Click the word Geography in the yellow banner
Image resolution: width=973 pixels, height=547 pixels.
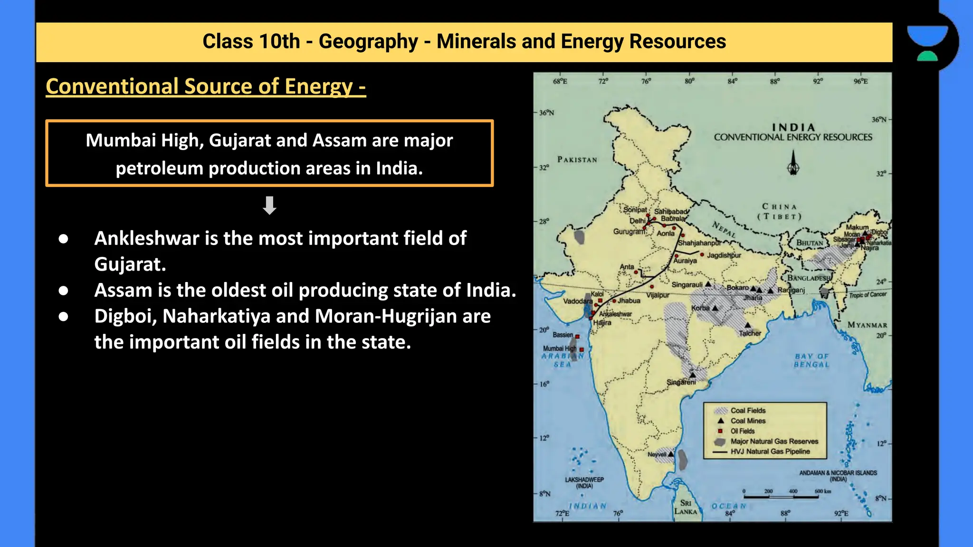coord(368,42)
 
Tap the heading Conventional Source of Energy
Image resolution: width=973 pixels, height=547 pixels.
coord(205,86)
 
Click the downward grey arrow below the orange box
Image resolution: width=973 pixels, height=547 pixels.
coord(269,205)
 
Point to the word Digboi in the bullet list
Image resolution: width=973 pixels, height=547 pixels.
coord(125,316)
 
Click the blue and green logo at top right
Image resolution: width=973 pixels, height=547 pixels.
coord(927,43)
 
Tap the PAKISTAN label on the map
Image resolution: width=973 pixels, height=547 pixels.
coord(577,160)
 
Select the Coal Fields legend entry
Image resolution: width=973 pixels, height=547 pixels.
coord(748,410)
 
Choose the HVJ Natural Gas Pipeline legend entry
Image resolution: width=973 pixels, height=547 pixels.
coord(770,452)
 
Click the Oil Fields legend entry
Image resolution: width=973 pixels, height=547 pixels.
coord(742,431)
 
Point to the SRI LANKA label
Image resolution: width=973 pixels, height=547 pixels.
coord(686,507)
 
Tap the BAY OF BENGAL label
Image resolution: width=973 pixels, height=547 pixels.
coord(811,360)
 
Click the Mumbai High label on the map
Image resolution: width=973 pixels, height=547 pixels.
coord(560,349)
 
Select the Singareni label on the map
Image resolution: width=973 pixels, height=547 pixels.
coord(681,382)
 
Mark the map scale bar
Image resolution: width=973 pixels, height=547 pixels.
coord(781,497)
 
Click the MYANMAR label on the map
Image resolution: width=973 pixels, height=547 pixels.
coord(867,325)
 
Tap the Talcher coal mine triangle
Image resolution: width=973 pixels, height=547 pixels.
coord(747,325)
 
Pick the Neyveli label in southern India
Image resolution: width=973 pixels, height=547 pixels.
coord(657,454)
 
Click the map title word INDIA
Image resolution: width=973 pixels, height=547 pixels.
coord(793,127)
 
